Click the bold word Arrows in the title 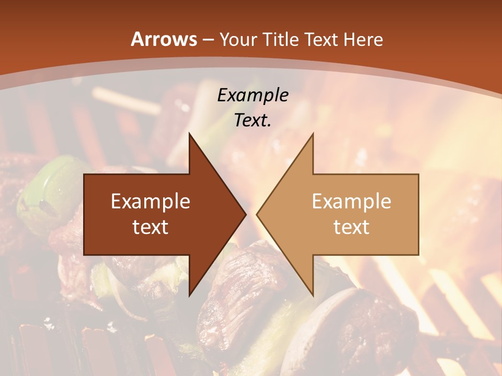coord(164,39)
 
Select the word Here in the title coord(364,39)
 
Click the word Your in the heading coord(238,39)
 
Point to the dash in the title coord(208,40)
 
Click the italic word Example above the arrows coord(253,95)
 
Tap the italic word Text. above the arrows coord(253,120)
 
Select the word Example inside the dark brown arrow coord(151,202)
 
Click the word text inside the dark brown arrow coord(151,227)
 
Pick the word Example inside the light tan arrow coord(351,202)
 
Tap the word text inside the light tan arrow coord(351,227)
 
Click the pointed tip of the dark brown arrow coord(245,214)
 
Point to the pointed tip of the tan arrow coord(257,214)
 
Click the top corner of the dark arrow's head coord(189,134)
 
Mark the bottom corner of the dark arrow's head coord(189,295)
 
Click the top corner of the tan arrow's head coord(313,134)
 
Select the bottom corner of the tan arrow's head coord(313,295)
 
